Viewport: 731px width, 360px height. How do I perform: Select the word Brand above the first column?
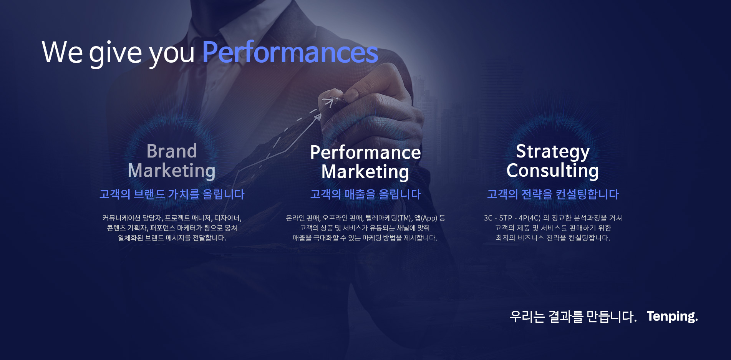(x=172, y=151)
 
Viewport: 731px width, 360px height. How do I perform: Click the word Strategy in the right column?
(x=553, y=152)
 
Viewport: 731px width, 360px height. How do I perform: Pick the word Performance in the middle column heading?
(x=365, y=153)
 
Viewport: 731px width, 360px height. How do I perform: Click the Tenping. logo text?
(x=672, y=317)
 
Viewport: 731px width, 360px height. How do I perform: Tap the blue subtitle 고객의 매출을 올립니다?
(x=365, y=194)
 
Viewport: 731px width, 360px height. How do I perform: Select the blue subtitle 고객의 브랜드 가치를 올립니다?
(x=172, y=194)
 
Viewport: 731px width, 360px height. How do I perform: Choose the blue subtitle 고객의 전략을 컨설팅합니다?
(x=553, y=194)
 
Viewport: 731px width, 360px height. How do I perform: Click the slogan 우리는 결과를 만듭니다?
(x=573, y=317)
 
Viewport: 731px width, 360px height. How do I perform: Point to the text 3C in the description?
(x=488, y=218)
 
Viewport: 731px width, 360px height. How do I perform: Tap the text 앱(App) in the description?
(x=426, y=218)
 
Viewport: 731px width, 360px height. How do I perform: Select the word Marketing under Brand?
(x=172, y=171)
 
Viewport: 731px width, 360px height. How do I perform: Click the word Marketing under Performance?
(x=365, y=172)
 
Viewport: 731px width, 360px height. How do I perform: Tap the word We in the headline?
(x=62, y=52)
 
